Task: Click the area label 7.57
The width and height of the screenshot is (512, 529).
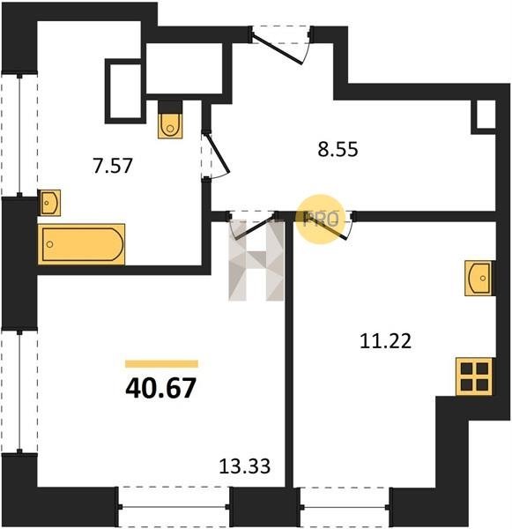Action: [x=113, y=166]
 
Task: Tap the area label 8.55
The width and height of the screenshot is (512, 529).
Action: [x=338, y=149]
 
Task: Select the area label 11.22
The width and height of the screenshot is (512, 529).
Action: [x=385, y=340]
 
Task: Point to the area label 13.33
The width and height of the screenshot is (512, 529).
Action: [x=244, y=466]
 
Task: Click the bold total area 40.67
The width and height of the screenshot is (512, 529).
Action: [x=160, y=388]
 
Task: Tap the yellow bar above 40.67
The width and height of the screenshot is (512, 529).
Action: [x=161, y=363]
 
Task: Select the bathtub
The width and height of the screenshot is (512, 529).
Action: [x=82, y=244]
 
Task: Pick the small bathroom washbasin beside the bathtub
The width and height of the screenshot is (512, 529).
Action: [x=50, y=203]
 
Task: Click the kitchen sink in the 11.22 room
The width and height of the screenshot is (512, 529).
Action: [x=478, y=278]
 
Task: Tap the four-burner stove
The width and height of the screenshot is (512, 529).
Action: [x=474, y=376]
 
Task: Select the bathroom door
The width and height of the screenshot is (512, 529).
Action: [x=216, y=154]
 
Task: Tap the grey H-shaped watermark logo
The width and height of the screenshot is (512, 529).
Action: [x=256, y=260]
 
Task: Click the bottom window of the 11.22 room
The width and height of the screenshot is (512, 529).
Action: [x=345, y=507]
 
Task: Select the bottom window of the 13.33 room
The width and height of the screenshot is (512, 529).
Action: [x=174, y=507]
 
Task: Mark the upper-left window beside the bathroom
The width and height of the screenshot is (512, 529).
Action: [x=19, y=135]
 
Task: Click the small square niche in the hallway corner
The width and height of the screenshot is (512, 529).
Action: [x=486, y=115]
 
